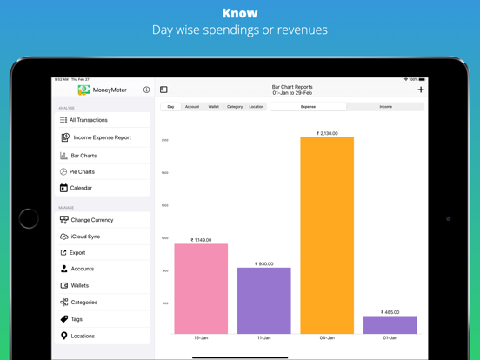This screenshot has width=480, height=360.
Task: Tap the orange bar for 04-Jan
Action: [x=327, y=235]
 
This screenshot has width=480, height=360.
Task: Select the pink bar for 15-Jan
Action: [x=201, y=288]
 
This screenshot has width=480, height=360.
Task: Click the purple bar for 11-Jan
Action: [x=263, y=300]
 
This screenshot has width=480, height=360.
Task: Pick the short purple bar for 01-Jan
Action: [x=390, y=324]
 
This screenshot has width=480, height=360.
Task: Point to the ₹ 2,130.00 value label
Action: [x=325, y=134]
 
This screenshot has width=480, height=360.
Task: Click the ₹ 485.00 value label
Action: [x=390, y=312]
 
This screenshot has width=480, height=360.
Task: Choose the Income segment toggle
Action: [x=385, y=107]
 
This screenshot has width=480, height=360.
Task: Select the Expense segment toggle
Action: [x=308, y=107]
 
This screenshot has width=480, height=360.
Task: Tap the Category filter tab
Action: [x=235, y=107]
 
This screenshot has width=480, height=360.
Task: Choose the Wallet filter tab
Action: [x=213, y=107]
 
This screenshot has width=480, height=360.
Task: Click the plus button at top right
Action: [x=421, y=90]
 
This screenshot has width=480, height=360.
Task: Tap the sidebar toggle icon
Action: [x=163, y=90]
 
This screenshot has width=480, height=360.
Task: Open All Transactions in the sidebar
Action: [x=89, y=120]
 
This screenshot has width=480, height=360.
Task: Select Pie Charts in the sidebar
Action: [x=82, y=172]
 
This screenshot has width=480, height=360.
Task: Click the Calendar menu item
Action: [x=81, y=188]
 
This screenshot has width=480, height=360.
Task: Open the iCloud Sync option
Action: [x=85, y=237]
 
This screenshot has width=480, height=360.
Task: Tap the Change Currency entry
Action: [x=91, y=220]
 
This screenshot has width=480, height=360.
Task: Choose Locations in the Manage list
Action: [x=83, y=336]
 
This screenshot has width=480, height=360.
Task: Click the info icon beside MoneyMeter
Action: [x=146, y=90]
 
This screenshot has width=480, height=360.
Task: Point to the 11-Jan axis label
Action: [x=263, y=337]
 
